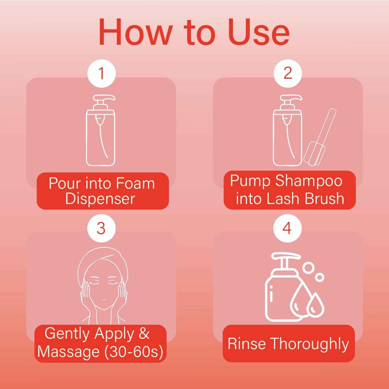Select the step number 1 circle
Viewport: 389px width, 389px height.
point(101,73)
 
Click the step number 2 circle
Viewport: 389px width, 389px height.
point(288,73)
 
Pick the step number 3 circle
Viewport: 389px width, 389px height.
point(101,228)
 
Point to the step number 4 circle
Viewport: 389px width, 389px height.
point(287,228)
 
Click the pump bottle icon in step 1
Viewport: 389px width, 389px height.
point(101,132)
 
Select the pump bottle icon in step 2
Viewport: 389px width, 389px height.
point(287,132)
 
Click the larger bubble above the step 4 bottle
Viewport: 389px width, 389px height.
point(309,268)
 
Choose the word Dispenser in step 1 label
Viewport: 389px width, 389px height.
point(100,199)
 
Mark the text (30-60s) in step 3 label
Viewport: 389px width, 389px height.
point(134,351)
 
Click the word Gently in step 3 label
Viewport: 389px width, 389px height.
point(67,334)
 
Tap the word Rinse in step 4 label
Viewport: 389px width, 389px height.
point(247,344)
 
